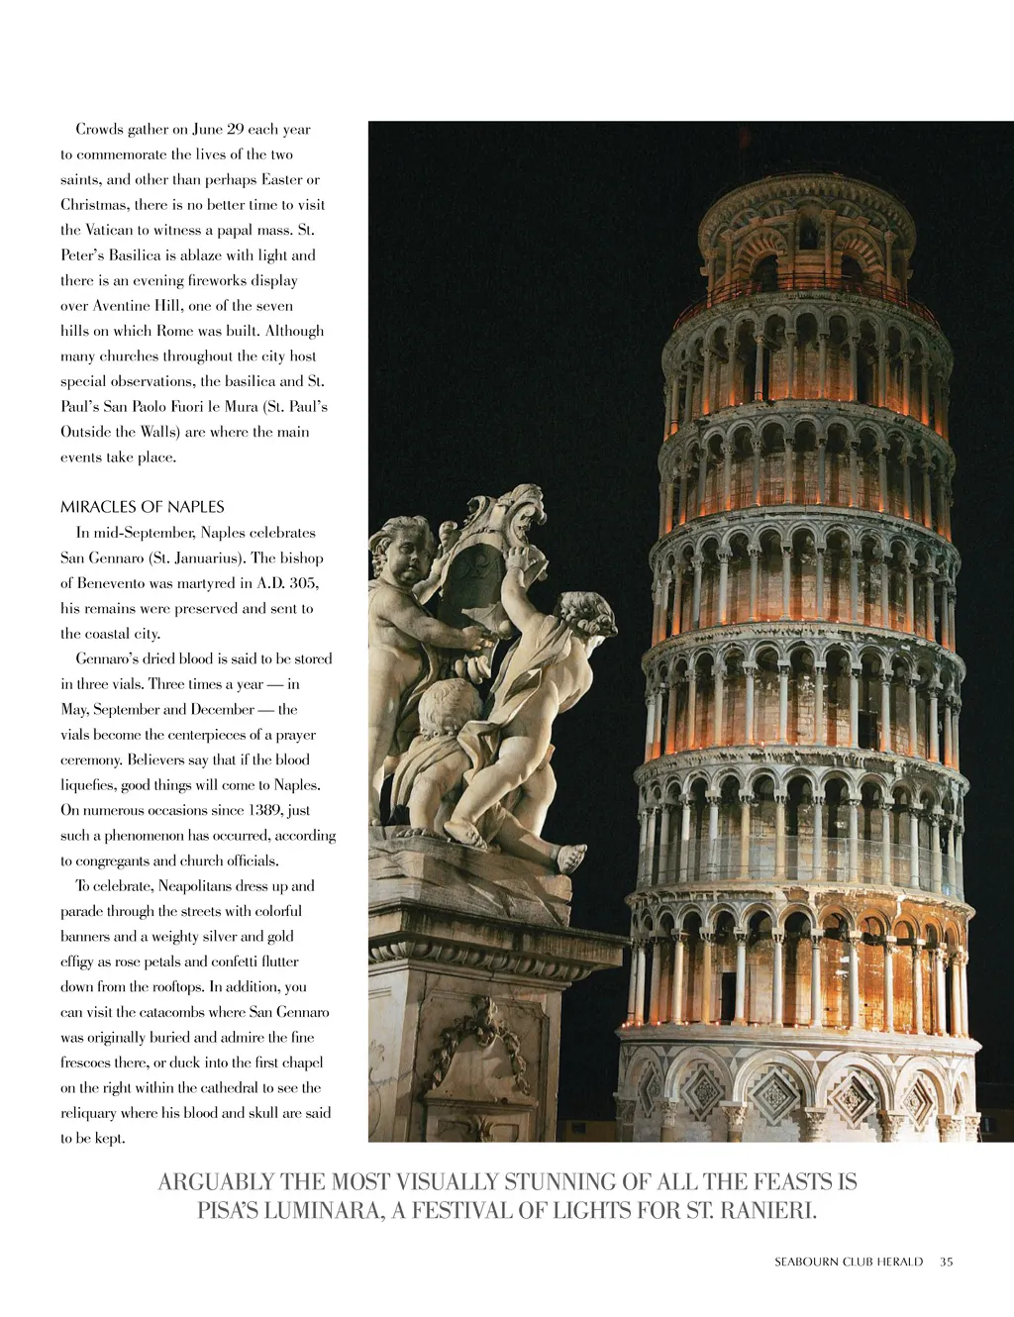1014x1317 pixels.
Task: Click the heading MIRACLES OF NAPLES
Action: [142, 507]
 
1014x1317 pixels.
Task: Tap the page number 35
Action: [947, 1262]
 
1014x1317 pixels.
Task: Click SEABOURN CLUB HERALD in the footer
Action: [849, 1262]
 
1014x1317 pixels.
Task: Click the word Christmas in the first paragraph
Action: [94, 205]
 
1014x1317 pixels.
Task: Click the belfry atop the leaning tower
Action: [806, 238]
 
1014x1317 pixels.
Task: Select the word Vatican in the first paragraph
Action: [109, 230]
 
